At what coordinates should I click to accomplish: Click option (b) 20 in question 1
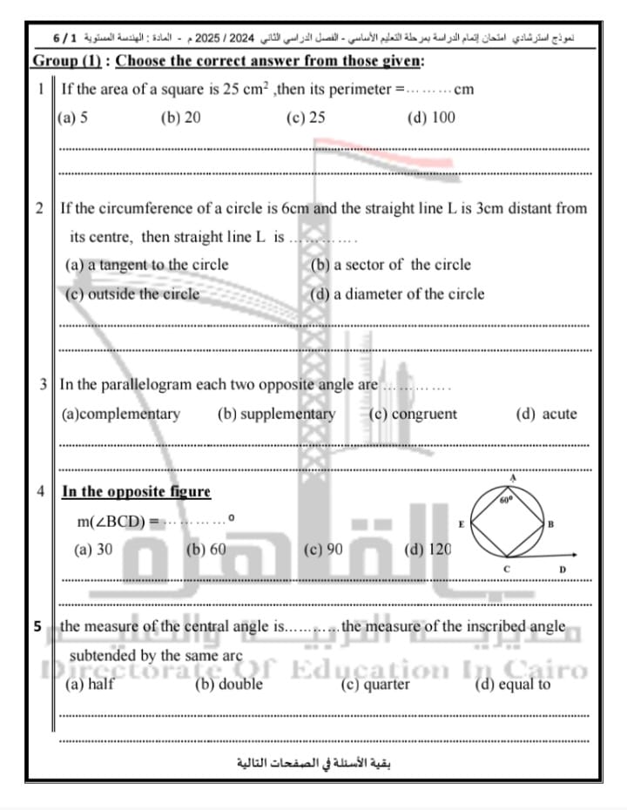click(181, 118)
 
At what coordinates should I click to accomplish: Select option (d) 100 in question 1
click(431, 118)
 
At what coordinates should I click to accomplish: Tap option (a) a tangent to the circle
click(147, 265)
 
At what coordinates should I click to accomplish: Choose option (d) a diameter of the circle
click(397, 294)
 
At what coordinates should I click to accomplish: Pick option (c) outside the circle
click(132, 294)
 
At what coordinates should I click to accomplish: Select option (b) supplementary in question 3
click(276, 415)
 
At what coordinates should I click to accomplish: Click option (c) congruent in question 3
click(413, 415)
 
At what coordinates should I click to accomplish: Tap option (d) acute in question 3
click(546, 415)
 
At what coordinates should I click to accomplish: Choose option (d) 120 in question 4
click(428, 550)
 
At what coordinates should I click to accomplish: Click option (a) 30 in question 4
click(93, 550)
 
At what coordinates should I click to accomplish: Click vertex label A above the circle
click(513, 478)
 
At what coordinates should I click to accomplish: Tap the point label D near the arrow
click(563, 570)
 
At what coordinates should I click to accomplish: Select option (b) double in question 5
click(228, 685)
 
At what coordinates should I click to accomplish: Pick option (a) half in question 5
click(90, 685)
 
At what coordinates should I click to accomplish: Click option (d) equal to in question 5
click(512, 685)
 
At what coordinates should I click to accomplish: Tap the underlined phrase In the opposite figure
click(136, 491)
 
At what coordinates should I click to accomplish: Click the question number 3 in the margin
click(44, 384)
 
